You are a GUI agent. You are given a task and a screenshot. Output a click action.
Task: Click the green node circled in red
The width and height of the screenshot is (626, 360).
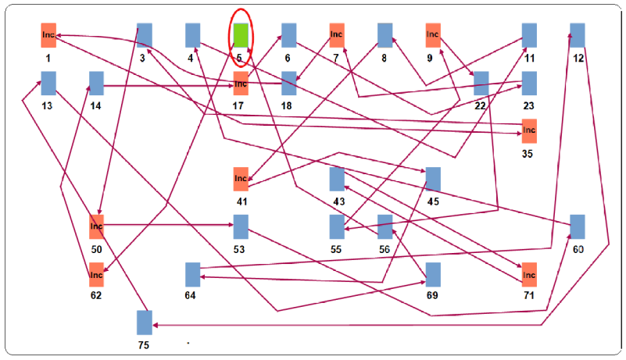[241, 35]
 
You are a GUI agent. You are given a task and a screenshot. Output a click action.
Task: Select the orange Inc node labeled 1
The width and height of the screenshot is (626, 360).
[48, 35]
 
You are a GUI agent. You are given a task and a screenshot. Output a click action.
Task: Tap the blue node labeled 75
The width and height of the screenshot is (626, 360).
[145, 323]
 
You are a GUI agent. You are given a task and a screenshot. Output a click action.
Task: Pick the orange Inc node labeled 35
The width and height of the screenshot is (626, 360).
[529, 131]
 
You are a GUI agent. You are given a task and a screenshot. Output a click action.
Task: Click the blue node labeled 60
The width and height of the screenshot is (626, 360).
[578, 226]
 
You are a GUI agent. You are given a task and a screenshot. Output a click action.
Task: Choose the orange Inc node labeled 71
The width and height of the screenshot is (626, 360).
[529, 275]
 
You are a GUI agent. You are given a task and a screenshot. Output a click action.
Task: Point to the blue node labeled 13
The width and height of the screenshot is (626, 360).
[48, 83]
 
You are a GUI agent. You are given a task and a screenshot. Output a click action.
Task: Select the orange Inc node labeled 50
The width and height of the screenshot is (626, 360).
[97, 226]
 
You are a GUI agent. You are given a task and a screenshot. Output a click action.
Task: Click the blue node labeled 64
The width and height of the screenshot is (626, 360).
[193, 275]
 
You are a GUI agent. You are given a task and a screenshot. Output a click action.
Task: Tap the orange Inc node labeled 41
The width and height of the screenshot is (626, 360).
[241, 179]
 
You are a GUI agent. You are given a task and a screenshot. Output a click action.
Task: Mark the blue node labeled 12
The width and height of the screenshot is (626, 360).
[578, 35]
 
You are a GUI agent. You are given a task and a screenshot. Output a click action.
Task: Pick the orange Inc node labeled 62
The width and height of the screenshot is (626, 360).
[97, 275]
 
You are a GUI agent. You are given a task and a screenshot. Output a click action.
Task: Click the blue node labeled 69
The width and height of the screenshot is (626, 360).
[433, 275]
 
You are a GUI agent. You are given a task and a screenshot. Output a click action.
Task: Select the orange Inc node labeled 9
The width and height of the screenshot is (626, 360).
[433, 35]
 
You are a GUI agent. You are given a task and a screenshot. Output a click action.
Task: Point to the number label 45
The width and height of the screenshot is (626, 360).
[433, 201]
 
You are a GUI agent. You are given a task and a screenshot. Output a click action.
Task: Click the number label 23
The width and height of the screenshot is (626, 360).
[528, 105]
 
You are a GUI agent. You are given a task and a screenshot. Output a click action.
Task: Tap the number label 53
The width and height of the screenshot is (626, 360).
[239, 249]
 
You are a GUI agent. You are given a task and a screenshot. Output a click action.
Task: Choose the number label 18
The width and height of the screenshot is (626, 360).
[286, 105]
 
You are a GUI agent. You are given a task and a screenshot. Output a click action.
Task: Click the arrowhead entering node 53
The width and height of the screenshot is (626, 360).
[231, 225]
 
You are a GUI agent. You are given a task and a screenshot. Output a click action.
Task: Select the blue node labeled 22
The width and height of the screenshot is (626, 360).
[481, 83]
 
